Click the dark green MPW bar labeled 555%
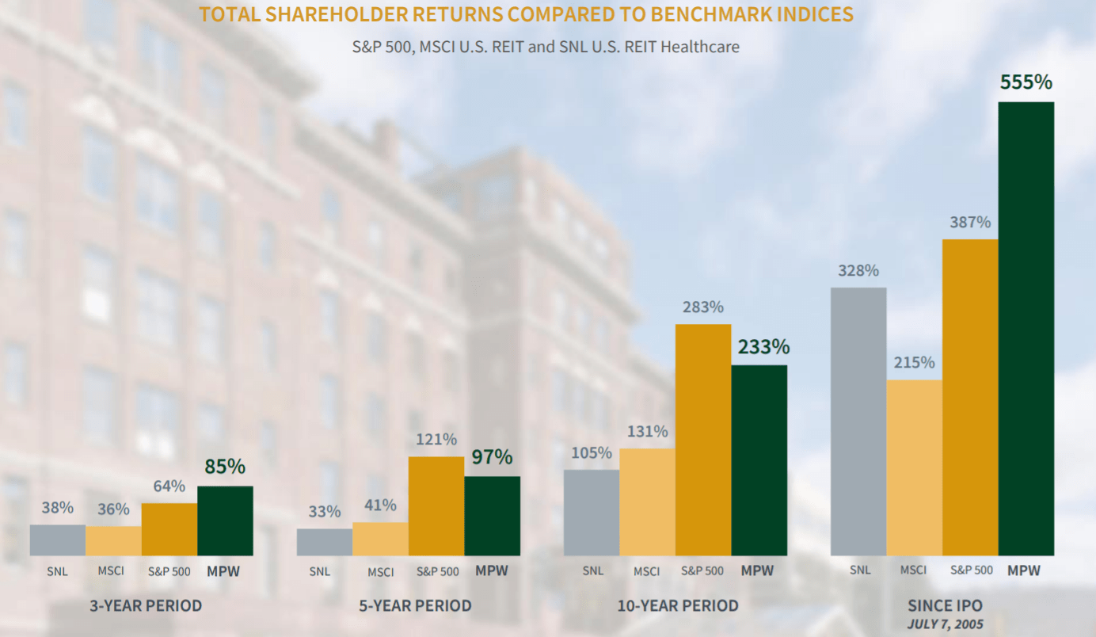tap(1026, 329)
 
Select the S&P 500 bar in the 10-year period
tap(703, 440)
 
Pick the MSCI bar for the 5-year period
tap(380, 539)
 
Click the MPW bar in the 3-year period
tap(225, 521)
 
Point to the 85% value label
tap(225, 467)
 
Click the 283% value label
tap(703, 307)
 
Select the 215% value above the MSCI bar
tap(915, 363)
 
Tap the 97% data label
tap(492, 457)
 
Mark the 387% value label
tap(970, 223)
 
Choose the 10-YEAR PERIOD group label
tap(678, 606)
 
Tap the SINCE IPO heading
tap(945, 606)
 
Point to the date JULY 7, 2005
tap(945, 624)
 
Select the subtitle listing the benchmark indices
tap(546, 47)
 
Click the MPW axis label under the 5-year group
tap(492, 570)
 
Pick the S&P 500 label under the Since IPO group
tap(971, 570)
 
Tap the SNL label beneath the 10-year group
tap(592, 570)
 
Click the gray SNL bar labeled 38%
tap(57, 540)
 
